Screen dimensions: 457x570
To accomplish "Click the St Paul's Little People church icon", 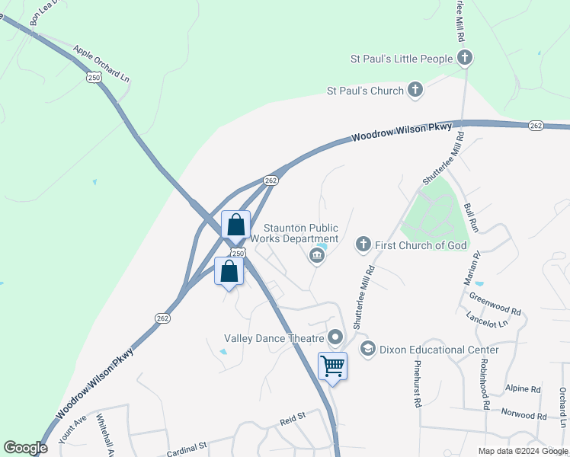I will coord(465,57).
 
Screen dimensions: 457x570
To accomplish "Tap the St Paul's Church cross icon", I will coord(415,91).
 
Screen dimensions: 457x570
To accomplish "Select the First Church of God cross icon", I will coord(363,244).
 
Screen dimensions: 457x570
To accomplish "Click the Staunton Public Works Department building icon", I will coord(316,257).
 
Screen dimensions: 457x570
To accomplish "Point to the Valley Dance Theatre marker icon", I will coord(336,337).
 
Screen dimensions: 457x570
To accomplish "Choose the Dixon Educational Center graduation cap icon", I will coord(367,350).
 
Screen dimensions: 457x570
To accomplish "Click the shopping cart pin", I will coord(332,367).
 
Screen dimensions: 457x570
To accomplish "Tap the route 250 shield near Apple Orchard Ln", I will coord(94,78).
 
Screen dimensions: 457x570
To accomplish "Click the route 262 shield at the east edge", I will coord(535,126).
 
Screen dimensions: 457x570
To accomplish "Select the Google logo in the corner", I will coord(25,448).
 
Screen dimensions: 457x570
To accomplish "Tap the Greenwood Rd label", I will coord(495,306).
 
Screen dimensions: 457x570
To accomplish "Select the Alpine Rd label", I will coord(523,388).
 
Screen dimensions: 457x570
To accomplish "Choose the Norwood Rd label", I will coord(524,416).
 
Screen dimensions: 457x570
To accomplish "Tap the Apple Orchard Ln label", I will coord(101,64).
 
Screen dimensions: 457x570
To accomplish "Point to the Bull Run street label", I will coord(471,217).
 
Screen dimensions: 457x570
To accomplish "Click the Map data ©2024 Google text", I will coord(522,451).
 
